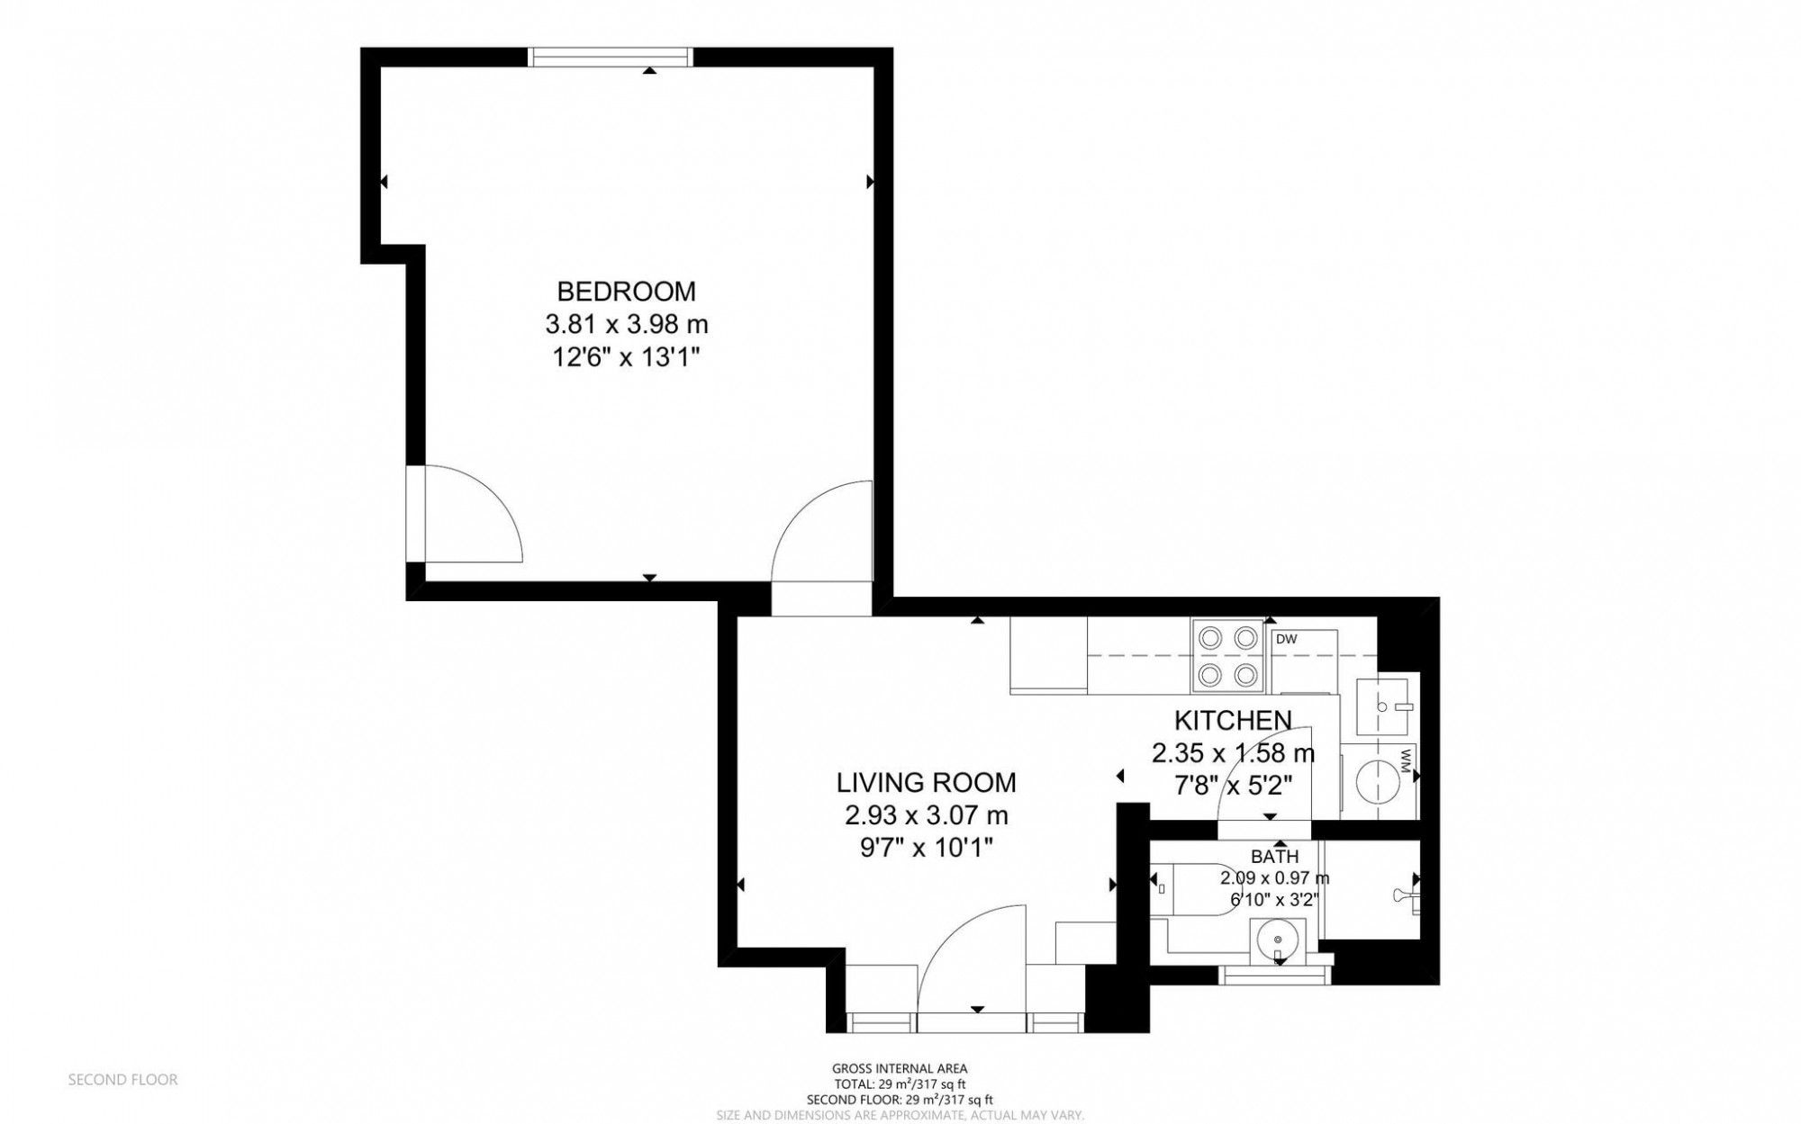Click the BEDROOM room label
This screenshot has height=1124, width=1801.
(626, 292)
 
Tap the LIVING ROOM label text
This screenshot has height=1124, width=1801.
(926, 783)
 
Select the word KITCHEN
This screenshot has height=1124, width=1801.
(1232, 720)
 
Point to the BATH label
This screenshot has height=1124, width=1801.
(1274, 857)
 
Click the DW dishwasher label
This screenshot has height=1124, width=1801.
(1286, 640)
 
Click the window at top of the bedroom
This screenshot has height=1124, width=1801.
(611, 58)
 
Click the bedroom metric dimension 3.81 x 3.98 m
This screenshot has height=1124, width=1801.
(626, 324)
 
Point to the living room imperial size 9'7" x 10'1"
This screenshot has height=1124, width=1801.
(926, 848)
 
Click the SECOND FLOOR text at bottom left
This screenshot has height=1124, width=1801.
(122, 1080)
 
